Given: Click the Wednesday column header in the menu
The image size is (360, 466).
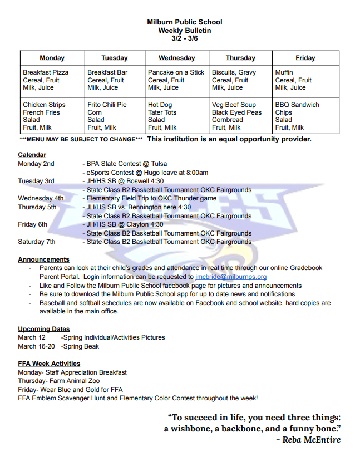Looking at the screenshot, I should click(x=176, y=58).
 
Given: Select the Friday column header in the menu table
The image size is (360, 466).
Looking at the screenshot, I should click(x=305, y=58).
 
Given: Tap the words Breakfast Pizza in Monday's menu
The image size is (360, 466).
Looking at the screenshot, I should click(x=46, y=72).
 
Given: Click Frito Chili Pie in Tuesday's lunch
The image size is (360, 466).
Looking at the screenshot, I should click(x=107, y=105).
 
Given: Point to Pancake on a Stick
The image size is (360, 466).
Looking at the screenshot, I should click(x=176, y=72).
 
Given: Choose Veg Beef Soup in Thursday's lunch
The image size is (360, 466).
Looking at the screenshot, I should click(x=233, y=105).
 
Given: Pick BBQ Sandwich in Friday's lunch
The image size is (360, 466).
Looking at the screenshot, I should click(x=297, y=105).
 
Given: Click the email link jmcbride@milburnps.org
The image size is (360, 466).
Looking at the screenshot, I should click(x=231, y=277).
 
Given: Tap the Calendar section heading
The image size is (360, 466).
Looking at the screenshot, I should click(x=32, y=155).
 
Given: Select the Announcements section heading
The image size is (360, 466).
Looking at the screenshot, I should click(x=43, y=259).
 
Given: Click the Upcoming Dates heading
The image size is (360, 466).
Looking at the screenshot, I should click(x=43, y=329).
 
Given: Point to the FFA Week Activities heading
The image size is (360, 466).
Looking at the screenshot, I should click(x=49, y=364).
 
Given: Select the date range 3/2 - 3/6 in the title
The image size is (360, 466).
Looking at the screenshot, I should click(x=185, y=38).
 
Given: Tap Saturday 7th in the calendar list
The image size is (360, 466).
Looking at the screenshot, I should click(x=37, y=242).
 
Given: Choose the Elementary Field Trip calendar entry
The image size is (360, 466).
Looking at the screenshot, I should click(x=151, y=198).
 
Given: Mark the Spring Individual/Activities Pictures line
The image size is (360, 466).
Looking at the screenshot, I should click(x=114, y=337).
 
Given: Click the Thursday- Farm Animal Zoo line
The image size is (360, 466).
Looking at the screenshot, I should click(x=60, y=381).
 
